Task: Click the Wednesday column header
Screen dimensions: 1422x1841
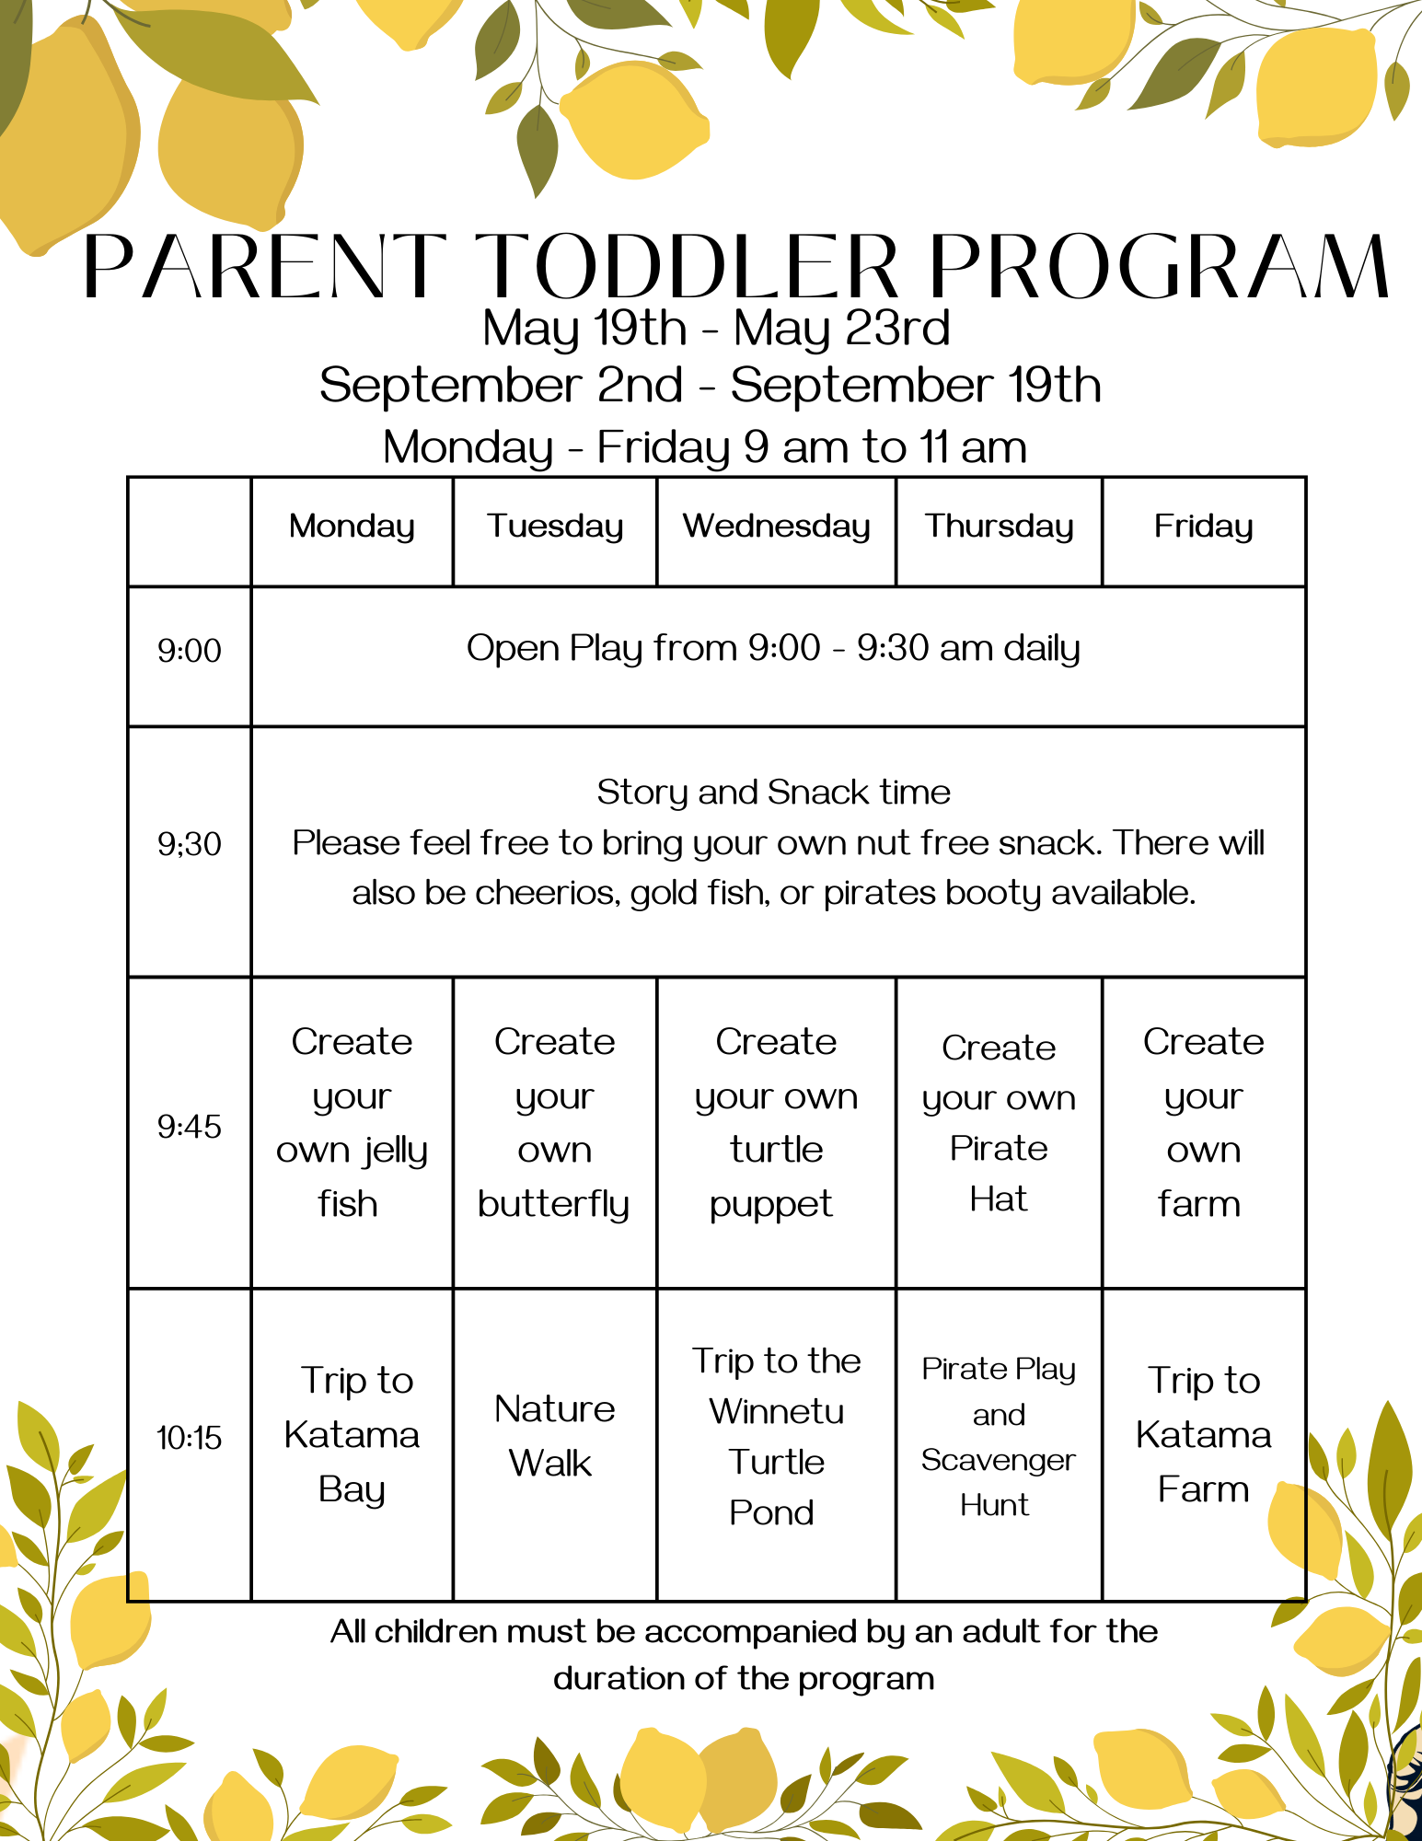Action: [x=776, y=527]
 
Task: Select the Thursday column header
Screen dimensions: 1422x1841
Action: [x=1000, y=527]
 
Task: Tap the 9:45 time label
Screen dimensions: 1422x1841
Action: [x=190, y=1127]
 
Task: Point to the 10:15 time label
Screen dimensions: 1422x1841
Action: [x=190, y=1438]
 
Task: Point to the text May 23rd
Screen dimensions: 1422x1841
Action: [x=841, y=330]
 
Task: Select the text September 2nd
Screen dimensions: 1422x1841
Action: [x=502, y=386]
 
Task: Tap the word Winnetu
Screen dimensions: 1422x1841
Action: [x=777, y=1411]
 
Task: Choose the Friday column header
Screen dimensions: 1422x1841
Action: [x=1204, y=527]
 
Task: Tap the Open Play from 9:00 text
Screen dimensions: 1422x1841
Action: [x=643, y=649]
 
